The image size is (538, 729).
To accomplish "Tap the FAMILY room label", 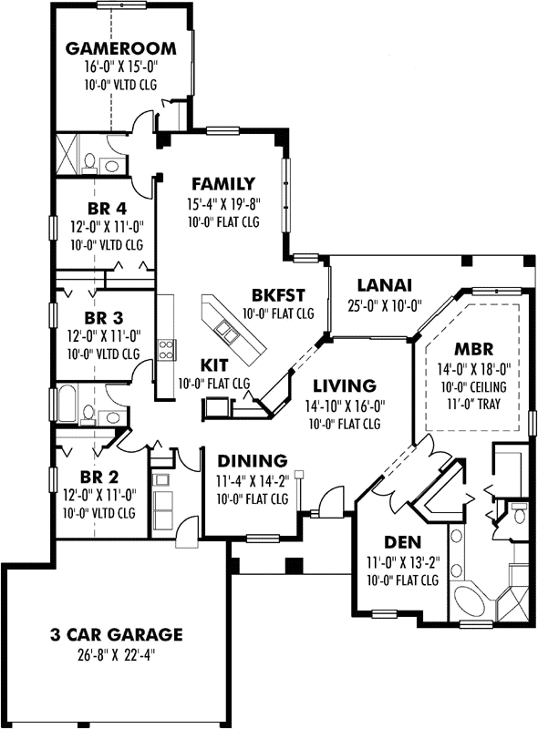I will (x=222, y=183).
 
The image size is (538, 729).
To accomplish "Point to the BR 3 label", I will (x=103, y=317).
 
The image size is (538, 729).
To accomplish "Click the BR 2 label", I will (x=98, y=477).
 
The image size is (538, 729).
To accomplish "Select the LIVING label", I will (x=339, y=385).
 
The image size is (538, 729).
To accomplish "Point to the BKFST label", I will (x=278, y=294).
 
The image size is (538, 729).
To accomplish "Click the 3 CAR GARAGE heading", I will (x=116, y=634).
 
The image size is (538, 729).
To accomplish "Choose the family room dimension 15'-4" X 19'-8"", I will (x=222, y=203).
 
